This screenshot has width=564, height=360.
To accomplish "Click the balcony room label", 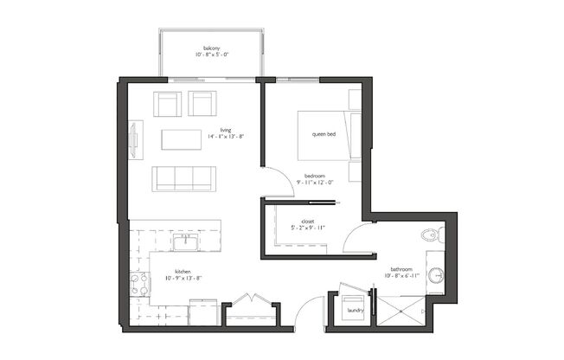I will [212, 48].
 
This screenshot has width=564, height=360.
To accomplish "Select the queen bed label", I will [324, 134].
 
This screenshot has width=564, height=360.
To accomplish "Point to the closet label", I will [307, 221].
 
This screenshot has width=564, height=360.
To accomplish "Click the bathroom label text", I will [401, 269].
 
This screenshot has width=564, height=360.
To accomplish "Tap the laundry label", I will [355, 309].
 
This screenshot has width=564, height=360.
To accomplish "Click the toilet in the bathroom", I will [432, 235].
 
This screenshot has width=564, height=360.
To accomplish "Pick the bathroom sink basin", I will [437, 276].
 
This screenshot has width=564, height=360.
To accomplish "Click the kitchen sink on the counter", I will [185, 241].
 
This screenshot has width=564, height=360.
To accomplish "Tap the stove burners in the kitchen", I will [138, 285].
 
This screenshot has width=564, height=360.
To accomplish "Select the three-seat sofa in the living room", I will [183, 178].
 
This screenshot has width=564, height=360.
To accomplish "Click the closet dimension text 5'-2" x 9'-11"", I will [306, 228].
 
